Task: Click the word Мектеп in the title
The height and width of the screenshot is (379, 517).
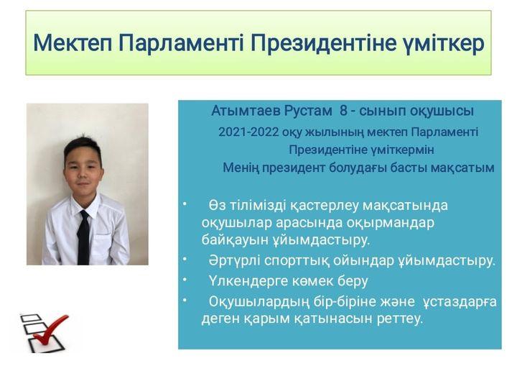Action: pyautogui.click(x=73, y=43)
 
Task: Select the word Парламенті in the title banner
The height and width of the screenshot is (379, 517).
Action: pyautogui.click(x=182, y=43)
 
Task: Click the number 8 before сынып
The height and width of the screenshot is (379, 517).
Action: pyautogui.click(x=343, y=111)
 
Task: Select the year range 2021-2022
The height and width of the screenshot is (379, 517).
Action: pyautogui.click(x=248, y=132)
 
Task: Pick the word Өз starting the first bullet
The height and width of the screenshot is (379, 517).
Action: pyautogui.click(x=217, y=206)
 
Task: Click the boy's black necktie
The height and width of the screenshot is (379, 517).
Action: pyautogui.click(x=83, y=237)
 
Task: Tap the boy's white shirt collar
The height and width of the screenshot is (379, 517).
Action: pyautogui.click(x=85, y=206)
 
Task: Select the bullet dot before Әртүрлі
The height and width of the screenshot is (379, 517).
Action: pyautogui.click(x=185, y=260)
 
